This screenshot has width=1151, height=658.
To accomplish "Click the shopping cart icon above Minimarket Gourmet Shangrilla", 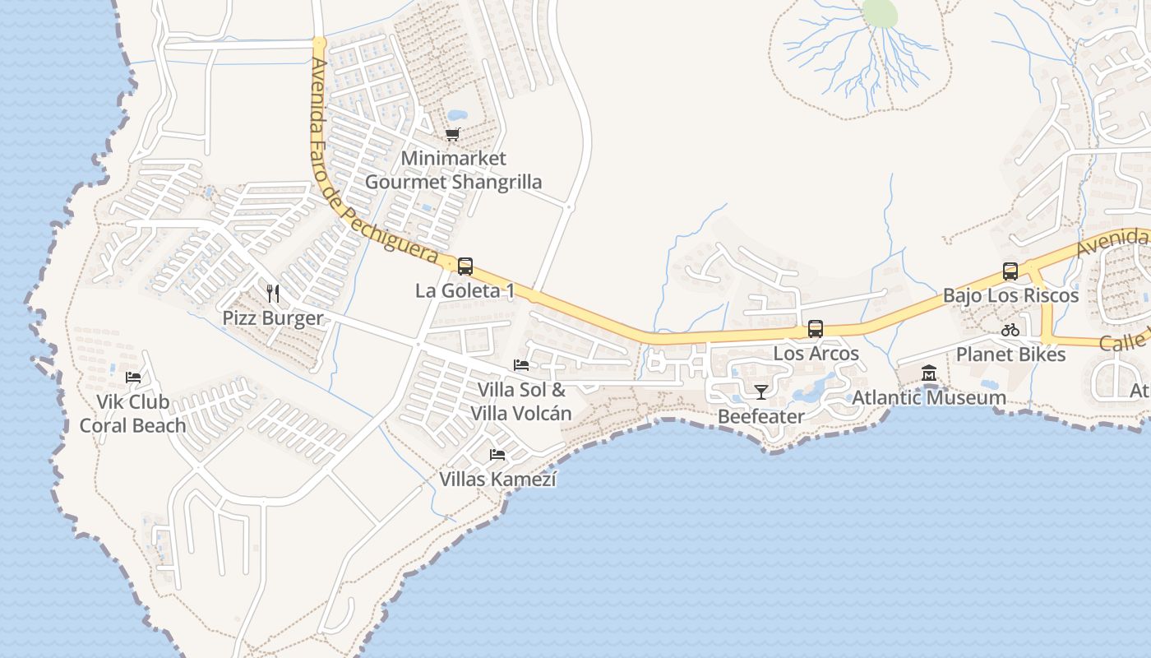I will [452, 134].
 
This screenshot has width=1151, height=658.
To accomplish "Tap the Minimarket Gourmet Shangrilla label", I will [453, 170].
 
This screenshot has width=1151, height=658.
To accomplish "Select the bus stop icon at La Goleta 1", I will [465, 266].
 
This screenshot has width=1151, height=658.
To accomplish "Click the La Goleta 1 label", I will [465, 291].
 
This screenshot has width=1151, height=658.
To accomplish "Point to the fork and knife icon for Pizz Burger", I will [273, 294].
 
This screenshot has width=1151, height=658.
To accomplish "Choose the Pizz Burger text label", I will [273, 318].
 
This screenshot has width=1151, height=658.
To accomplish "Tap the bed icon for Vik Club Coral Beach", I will [133, 378].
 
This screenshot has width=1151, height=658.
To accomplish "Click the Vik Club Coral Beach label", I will [132, 414].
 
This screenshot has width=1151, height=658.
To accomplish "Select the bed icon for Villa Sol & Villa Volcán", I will [521, 365].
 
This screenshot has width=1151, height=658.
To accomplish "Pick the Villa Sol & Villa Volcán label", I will [521, 401].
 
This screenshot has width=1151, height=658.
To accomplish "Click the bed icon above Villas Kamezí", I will [497, 454].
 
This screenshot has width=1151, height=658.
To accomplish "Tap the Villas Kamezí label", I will [497, 479].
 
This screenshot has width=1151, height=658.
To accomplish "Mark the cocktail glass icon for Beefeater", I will [761, 392].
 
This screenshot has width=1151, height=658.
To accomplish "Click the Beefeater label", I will [761, 416].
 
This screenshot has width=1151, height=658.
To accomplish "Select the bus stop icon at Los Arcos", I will [816, 329].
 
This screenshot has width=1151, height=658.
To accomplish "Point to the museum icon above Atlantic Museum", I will [929, 373].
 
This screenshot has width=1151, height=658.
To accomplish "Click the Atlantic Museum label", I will [929, 398].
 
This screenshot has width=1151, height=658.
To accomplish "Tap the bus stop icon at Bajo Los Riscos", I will [1010, 271].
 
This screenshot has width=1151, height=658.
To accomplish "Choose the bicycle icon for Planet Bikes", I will [1010, 330].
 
